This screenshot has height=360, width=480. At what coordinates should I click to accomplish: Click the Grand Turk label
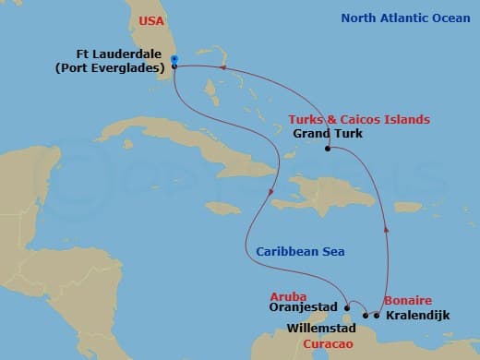[327, 134]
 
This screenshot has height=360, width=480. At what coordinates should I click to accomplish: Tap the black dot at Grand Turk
[327, 149]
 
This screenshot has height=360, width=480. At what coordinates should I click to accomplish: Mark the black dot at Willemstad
[363, 315]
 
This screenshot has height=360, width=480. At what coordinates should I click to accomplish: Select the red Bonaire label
[408, 301]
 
